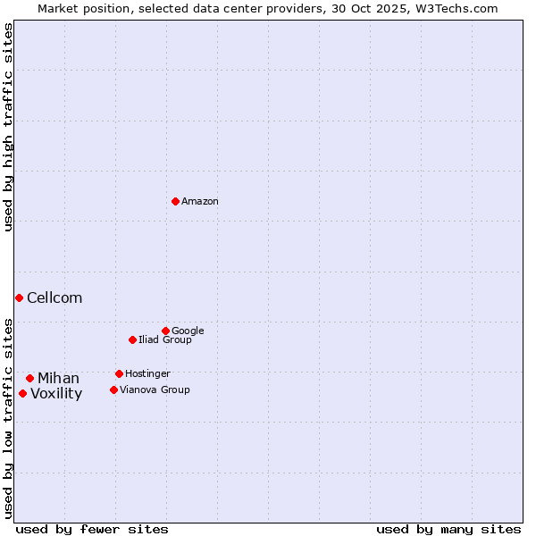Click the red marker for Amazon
coord(175,201)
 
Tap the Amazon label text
coord(200,202)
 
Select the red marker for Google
coord(165,331)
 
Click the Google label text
coord(188,331)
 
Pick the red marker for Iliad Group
coord(132,339)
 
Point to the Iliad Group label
coord(165,340)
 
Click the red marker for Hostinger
coord(119,373)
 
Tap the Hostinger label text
coord(147,374)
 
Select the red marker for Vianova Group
coord(113,389)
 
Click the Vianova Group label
coord(155,390)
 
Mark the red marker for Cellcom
coord(19,297)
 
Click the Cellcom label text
coord(54,298)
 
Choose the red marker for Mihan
coord(29,378)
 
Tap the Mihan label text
coord(58,379)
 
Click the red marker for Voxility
coord(22,393)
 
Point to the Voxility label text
coord(56,394)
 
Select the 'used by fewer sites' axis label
coord(92,530)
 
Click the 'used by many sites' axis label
coord(448,530)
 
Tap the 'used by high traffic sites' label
coord(8,127)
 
